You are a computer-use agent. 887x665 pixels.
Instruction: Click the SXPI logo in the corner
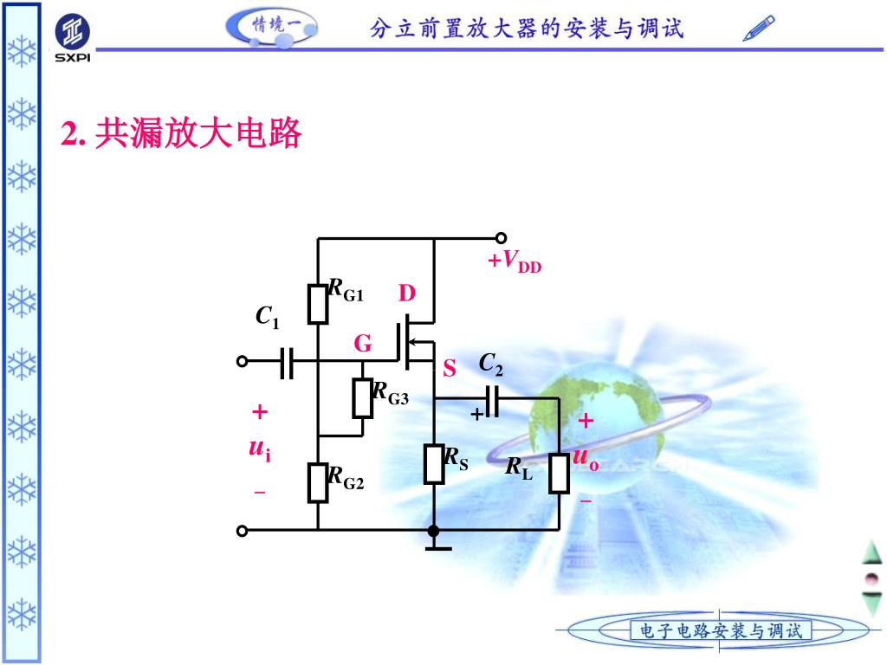(72, 38)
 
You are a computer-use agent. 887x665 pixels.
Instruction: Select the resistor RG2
(319, 482)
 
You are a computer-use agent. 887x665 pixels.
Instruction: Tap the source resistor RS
(434, 464)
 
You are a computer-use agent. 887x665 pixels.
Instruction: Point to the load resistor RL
(559, 473)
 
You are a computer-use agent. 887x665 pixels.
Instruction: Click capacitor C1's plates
(288, 361)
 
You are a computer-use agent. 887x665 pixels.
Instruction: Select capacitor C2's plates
(492, 400)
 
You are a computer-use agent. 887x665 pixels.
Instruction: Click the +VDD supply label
(514, 261)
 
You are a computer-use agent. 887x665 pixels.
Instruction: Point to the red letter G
(363, 345)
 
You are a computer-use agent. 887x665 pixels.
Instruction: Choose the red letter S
(450, 370)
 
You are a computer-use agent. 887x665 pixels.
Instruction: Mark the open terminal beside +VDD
(501, 238)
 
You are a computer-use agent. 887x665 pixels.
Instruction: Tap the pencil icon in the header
(759, 29)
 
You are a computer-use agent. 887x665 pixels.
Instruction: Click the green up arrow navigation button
(871, 552)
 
